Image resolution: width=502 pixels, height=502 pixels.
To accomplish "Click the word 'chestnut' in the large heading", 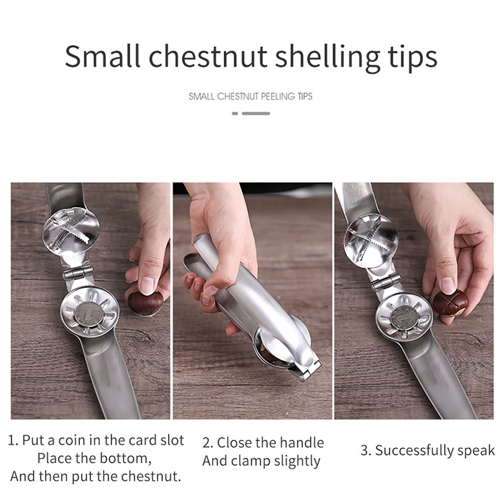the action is point(208,56).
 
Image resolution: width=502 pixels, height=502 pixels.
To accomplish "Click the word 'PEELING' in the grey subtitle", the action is point(277,97).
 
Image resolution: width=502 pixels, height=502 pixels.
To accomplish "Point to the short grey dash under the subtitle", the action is point(235,114).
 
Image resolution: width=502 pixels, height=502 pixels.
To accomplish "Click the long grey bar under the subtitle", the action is point(256,114).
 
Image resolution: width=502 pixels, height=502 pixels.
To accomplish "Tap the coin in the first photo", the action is point(89,314).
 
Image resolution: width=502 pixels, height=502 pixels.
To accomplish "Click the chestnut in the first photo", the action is point(146,303).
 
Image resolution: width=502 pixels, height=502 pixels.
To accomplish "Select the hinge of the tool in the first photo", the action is point(78,273).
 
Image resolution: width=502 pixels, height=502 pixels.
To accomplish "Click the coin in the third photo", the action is point(405,318).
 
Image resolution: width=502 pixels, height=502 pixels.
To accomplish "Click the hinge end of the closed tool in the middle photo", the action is point(309,370).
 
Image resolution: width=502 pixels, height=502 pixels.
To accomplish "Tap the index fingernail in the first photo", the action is point(147,286).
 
